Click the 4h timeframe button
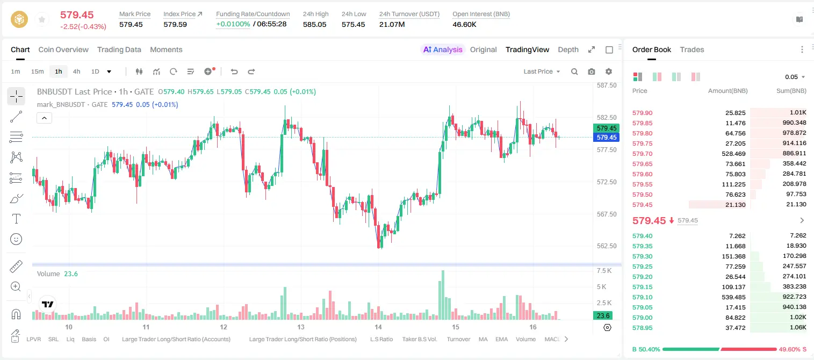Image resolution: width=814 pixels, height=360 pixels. coord(76,71)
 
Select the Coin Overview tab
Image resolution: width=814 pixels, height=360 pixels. coord(63,49)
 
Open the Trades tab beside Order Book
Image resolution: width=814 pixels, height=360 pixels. coord(692,49)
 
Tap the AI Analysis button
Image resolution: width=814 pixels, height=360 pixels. coord(443,49)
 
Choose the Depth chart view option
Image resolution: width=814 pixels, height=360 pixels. coord(568,49)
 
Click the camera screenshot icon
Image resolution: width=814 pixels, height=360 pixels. coord(592,71)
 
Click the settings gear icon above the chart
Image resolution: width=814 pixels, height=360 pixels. coord(609,71)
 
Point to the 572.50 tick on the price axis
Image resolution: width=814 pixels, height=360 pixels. coord(607,182)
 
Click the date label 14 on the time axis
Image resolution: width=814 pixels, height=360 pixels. coord(378,327)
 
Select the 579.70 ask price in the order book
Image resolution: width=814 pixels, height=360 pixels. coord(642,154)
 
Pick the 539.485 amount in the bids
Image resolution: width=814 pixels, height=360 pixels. coord(733,297)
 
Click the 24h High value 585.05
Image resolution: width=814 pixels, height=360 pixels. coord(315,24)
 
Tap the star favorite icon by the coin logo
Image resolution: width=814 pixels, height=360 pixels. coord(42,19)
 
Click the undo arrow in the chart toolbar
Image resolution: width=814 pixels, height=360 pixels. coord(234,71)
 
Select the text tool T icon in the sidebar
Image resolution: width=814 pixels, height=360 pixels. coord(16,219)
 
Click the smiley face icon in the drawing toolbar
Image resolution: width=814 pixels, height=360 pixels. coord(16,239)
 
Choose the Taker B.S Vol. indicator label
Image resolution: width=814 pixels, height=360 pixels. coord(419,339)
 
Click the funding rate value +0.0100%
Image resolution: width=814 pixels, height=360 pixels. coord(233,24)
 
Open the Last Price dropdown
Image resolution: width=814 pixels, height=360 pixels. coord(542,71)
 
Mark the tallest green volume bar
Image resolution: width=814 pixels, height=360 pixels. coord(442,295)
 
